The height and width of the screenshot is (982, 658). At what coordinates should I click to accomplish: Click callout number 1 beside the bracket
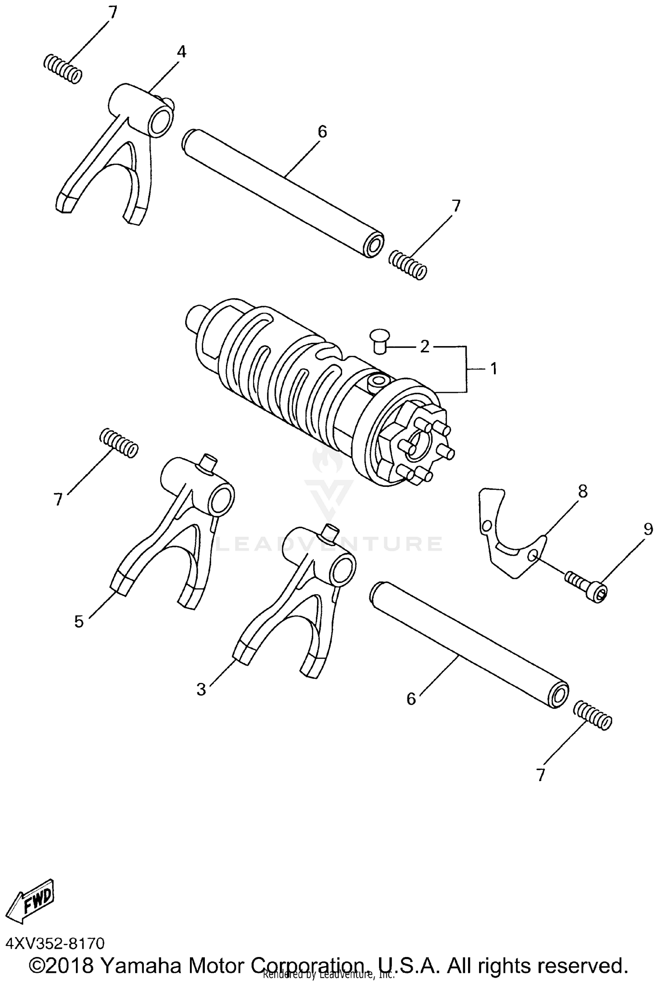[493, 369]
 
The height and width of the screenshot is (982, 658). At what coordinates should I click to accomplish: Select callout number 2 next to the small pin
[424, 346]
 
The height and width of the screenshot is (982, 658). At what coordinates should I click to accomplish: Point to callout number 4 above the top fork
[181, 52]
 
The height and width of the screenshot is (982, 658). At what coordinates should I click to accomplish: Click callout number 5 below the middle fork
[79, 621]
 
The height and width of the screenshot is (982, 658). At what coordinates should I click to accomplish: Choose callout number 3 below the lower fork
[201, 689]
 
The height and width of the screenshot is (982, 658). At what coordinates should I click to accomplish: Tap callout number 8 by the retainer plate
[583, 491]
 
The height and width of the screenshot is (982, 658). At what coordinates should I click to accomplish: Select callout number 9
[648, 529]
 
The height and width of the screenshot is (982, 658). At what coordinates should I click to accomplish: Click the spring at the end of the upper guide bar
[408, 264]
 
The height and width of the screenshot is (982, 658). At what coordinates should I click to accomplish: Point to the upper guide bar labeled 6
[283, 193]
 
